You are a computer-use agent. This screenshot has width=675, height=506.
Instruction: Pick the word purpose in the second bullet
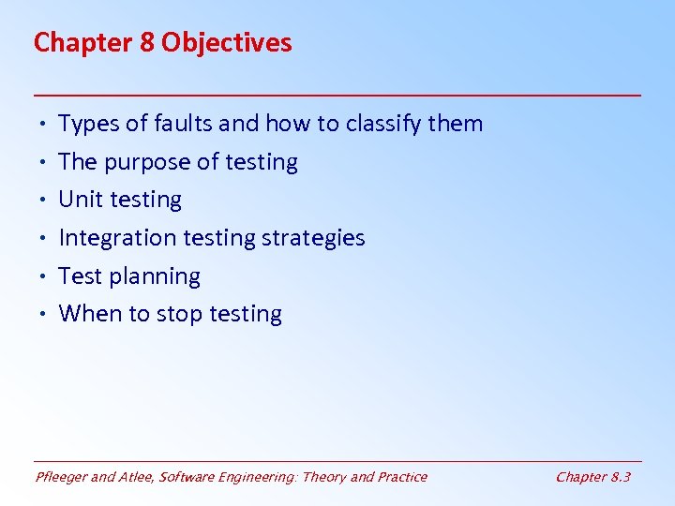click(141, 162)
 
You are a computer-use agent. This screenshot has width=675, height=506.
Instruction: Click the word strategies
click(313, 238)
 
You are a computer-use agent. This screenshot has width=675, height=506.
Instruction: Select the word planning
click(157, 276)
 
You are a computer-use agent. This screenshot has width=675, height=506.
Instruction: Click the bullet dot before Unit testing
click(44, 201)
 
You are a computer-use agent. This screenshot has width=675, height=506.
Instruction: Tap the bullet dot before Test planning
click(44, 277)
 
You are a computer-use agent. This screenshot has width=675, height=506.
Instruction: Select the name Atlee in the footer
click(137, 477)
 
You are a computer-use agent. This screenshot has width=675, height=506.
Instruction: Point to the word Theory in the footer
click(322, 477)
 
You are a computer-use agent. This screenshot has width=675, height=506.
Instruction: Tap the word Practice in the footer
click(401, 477)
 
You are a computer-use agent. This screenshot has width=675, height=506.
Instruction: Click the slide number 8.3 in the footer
click(620, 477)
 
